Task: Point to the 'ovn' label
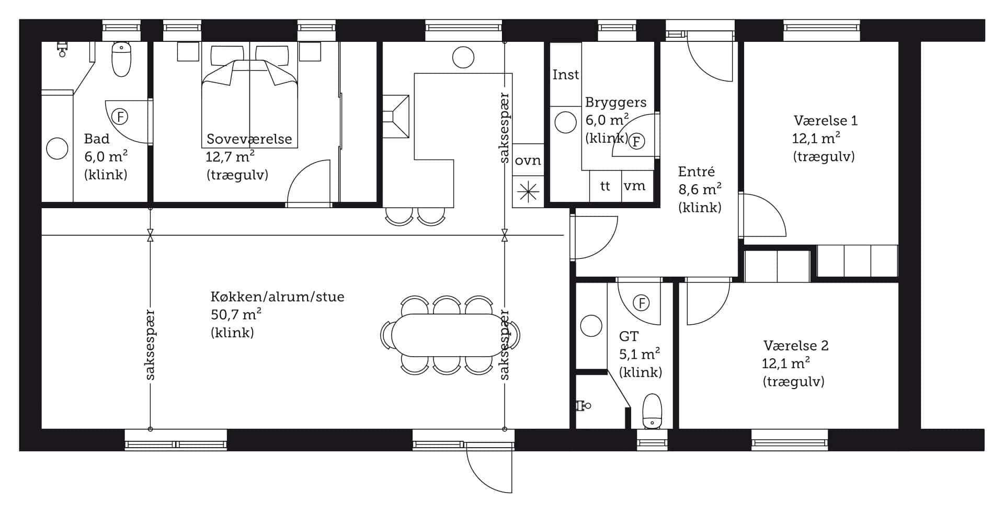(528, 160)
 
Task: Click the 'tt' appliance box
(606, 186)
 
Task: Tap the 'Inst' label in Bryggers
(566, 75)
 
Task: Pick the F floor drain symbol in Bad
(120, 117)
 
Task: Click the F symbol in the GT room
(641, 303)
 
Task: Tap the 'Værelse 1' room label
(826, 121)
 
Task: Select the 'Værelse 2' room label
(796, 346)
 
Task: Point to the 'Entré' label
(696, 172)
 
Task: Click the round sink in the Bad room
(57, 149)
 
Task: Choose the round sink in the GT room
(591, 326)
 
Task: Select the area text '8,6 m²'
(700, 189)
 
